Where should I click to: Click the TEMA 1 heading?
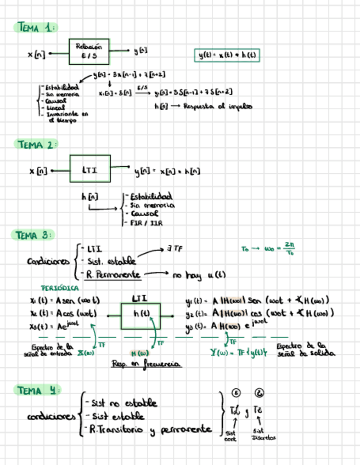[36, 27]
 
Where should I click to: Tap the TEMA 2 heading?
[36, 145]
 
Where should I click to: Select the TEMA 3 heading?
[32, 235]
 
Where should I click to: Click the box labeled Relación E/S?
[89, 52]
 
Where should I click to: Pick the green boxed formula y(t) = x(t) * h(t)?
[228, 55]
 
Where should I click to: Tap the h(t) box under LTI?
[140, 315]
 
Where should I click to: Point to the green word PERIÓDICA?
[60, 288]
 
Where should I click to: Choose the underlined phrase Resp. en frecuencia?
[146, 364]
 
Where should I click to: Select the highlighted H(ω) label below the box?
[139, 353]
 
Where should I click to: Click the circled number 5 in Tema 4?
[236, 393]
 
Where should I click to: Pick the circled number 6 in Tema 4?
[260, 393]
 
